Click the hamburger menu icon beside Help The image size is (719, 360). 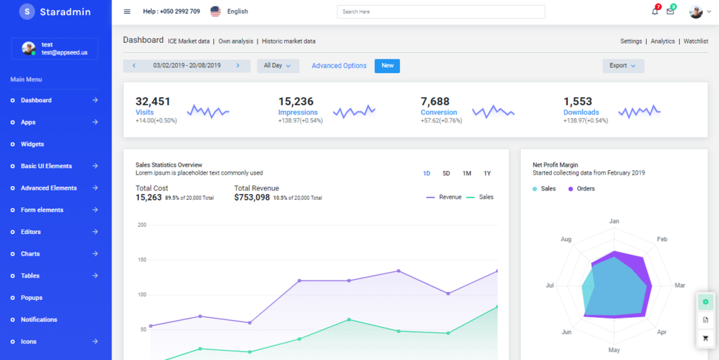coord(127,11)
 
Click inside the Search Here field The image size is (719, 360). coord(441,11)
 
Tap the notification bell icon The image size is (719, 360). coord(655,11)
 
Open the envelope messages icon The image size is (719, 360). coord(670,11)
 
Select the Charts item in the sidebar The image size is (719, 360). coord(30,254)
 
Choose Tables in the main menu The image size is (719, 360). coord(30,276)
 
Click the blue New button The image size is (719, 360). coord(387,66)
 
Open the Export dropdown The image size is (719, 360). coord(623,66)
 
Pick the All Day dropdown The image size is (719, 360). coord(278,66)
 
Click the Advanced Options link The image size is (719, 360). coord(339,66)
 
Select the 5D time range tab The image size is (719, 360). coord(446,174)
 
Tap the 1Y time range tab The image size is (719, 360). coord(487,174)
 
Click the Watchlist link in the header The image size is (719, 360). coord(695,42)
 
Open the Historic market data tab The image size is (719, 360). coord(288,42)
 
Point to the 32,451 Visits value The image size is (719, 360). coord(153,102)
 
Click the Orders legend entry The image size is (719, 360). coord(585,189)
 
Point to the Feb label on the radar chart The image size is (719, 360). coord(662,239)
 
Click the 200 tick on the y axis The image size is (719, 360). coord(142,225)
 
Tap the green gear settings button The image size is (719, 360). coord(705,302)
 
